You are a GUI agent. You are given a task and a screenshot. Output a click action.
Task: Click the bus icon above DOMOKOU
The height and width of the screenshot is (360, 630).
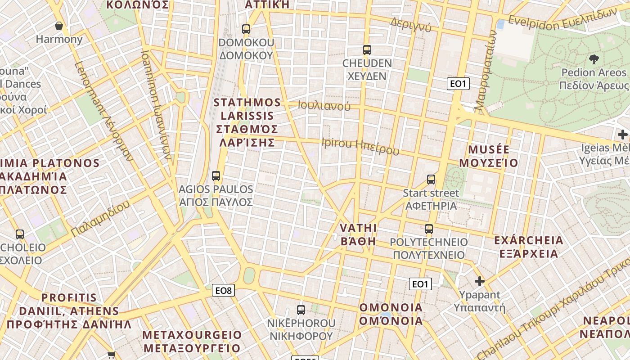tap(246, 29)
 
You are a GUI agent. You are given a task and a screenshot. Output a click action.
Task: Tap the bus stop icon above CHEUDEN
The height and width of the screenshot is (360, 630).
tap(367, 50)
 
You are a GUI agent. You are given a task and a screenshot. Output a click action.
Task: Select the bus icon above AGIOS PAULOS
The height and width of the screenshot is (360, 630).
tap(216, 176)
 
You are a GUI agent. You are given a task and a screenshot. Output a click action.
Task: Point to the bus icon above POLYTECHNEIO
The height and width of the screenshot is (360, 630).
tap(429, 229)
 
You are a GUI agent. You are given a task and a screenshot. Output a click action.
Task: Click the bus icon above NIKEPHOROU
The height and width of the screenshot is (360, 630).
tap(301, 310)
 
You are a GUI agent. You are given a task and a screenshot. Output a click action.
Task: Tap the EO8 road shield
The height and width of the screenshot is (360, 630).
tap(223, 291)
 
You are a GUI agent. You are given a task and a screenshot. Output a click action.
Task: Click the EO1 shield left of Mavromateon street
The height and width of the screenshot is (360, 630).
tap(458, 84)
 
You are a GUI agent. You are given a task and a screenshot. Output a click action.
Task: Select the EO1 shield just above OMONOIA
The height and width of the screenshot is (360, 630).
tap(420, 284)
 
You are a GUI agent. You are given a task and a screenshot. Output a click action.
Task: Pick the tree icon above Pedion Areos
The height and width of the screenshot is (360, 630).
tap(594, 59)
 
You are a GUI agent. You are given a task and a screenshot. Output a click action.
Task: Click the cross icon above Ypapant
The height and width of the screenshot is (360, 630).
tap(480, 282)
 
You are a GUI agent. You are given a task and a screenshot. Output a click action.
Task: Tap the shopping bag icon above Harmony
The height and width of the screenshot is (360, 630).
tap(58, 26)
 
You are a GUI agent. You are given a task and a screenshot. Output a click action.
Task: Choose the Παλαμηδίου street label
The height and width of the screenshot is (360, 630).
tap(100, 218)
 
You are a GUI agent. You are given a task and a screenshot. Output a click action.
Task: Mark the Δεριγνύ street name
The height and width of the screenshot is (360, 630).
tap(411, 26)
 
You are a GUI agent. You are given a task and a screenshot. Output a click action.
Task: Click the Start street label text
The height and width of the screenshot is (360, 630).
tap(431, 193)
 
